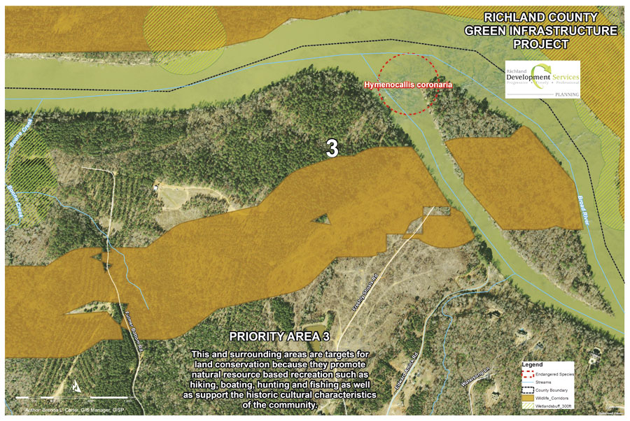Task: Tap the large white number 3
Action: pyautogui.click(x=333, y=148)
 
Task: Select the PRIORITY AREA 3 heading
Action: pyautogui.click(x=285, y=337)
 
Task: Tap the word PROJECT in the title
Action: pyautogui.click(x=543, y=44)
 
